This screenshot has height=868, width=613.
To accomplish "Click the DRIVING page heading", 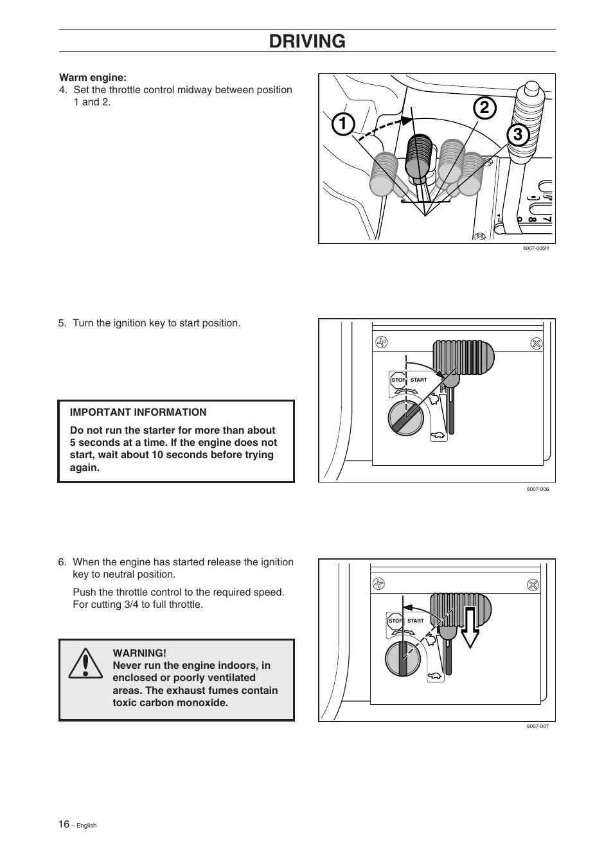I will click(x=307, y=41).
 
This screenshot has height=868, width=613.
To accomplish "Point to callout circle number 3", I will click(x=517, y=136).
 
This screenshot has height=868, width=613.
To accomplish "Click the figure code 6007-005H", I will click(x=535, y=248).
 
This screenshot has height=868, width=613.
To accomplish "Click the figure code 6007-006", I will click(x=537, y=489).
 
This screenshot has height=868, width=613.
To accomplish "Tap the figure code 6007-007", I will click(x=537, y=726).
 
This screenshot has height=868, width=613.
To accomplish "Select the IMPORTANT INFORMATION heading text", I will click(x=138, y=412).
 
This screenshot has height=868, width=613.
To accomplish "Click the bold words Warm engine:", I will click(x=93, y=78).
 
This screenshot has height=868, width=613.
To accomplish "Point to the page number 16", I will click(x=63, y=824).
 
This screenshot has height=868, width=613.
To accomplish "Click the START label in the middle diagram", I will click(x=418, y=380).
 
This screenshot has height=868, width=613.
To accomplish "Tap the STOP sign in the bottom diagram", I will click(x=395, y=621).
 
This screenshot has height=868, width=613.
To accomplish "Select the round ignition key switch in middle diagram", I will click(x=406, y=418).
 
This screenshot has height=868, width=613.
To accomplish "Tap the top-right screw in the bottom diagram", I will click(x=532, y=584).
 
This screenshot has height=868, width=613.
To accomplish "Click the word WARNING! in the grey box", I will click(x=139, y=653).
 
